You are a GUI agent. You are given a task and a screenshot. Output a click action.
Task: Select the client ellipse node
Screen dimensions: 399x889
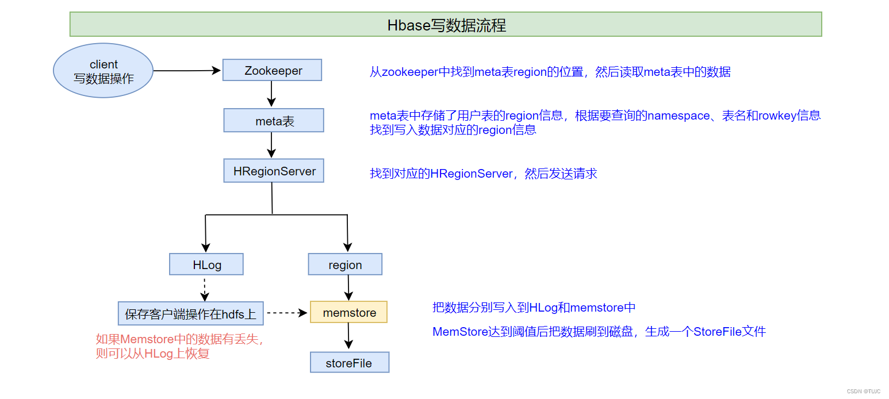[x=104, y=71]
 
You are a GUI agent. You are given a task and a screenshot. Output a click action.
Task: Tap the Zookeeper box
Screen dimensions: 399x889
[x=271, y=70]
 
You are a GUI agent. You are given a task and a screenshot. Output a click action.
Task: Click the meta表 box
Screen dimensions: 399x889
[x=274, y=121]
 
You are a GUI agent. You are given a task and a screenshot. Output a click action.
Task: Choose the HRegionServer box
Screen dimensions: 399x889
[x=274, y=171]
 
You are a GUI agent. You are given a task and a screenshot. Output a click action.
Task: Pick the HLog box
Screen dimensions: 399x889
[x=206, y=264]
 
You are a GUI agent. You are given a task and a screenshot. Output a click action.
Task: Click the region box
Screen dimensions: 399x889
[x=345, y=264]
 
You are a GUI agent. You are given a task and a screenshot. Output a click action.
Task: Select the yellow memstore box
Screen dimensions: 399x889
[x=348, y=312]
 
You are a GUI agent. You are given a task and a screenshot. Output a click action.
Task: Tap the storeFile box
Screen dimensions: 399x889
[x=349, y=363]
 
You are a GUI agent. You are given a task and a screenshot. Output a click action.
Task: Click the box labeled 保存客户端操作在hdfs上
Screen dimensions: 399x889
[x=190, y=313]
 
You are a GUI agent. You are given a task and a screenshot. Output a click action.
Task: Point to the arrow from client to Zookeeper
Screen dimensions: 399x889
[x=187, y=71]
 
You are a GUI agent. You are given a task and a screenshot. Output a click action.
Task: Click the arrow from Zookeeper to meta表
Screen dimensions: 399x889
[x=271, y=94]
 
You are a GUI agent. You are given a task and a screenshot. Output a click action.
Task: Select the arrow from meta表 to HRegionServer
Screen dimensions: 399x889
[x=272, y=145]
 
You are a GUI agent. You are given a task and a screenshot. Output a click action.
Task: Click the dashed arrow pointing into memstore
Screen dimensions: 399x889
[x=287, y=313]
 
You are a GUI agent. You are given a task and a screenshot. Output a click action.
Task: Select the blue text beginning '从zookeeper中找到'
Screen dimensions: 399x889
[x=550, y=72]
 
